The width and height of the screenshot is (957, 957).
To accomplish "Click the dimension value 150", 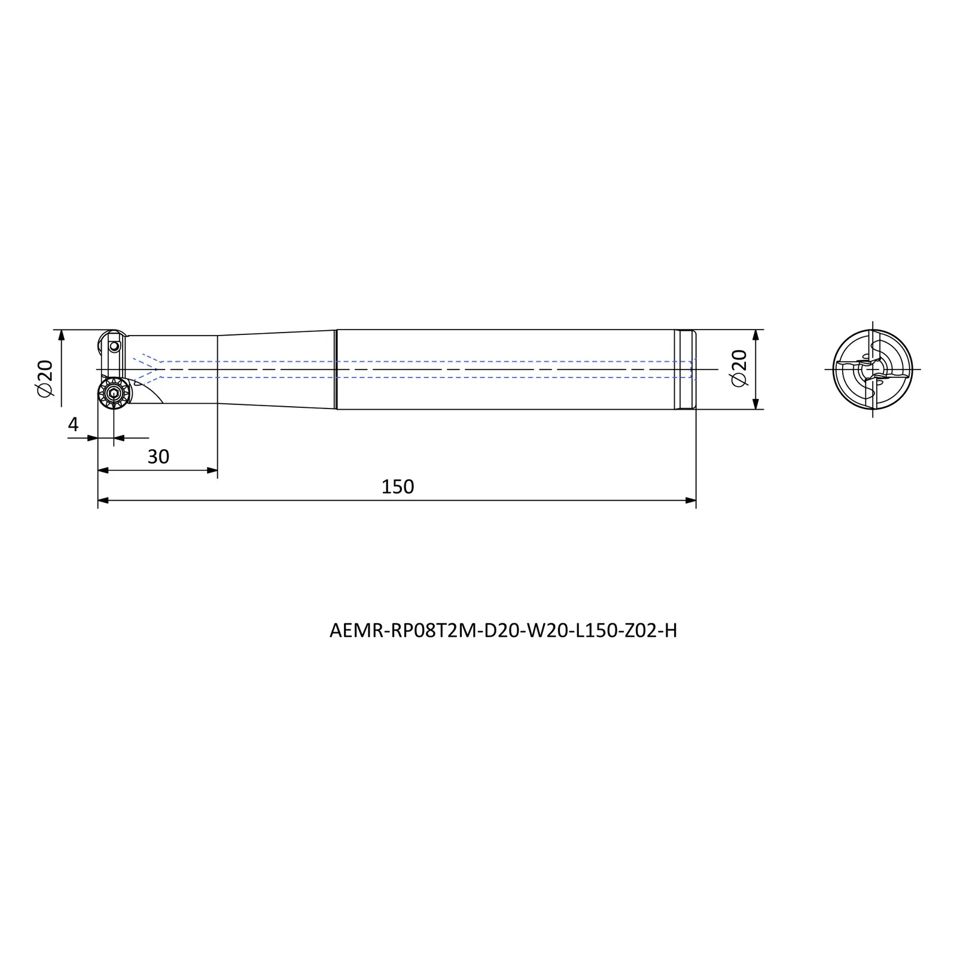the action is (x=398, y=487).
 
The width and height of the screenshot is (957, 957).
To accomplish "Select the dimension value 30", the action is (x=159, y=457).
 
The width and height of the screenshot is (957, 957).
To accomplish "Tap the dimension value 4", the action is (x=74, y=425).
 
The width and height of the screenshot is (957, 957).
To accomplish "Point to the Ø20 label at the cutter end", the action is (x=45, y=378).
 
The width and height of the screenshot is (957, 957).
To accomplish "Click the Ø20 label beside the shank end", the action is (x=740, y=368).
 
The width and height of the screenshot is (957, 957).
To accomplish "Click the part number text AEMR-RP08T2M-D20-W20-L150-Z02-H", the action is (x=503, y=631).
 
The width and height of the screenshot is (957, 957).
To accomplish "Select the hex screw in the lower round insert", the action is (x=114, y=393).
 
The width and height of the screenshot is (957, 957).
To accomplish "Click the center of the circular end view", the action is (x=873, y=370).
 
